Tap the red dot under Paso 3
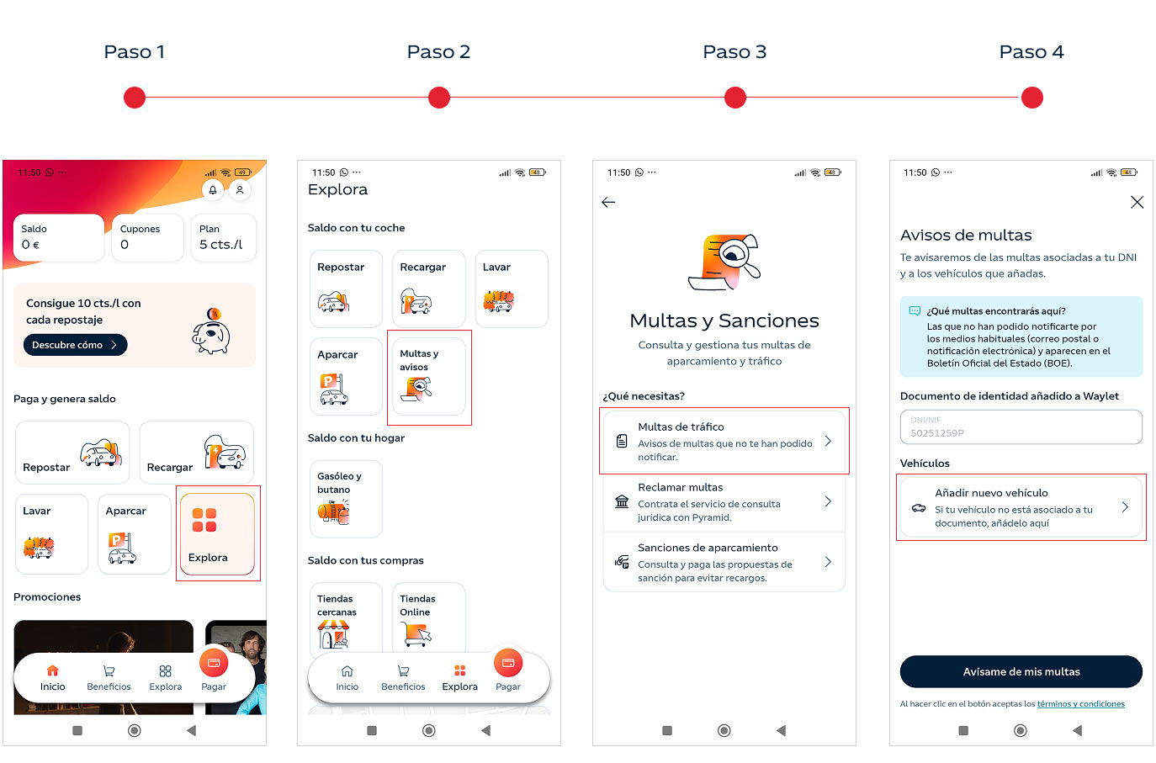tap(734, 98)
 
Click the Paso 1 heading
tap(134, 51)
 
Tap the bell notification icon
tap(213, 190)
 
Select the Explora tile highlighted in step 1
tap(217, 533)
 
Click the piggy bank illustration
tap(211, 331)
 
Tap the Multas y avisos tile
tap(429, 377)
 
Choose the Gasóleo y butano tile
tap(346, 499)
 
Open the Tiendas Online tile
tap(429, 617)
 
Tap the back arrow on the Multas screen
tap(608, 202)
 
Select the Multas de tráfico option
tap(724, 441)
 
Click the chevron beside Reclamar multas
tap(828, 501)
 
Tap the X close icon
tap(1137, 202)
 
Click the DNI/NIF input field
tap(1021, 427)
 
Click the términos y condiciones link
tap(1080, 703)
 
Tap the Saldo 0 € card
tap(58, 237)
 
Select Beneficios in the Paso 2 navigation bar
tap(403, 678)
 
